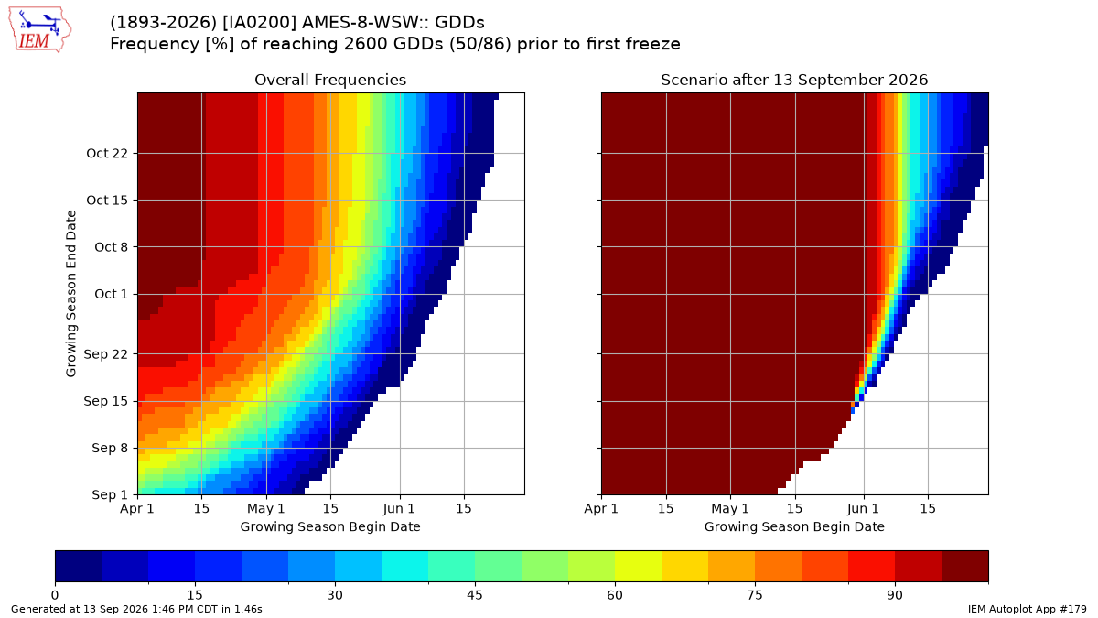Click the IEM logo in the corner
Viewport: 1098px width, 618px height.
point(40,30)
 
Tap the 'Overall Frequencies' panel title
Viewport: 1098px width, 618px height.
point(330,80)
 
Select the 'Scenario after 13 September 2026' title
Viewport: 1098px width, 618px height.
point(794,80)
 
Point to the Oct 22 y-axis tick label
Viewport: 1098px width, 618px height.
point(107,154)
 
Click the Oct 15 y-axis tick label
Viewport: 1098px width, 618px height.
point(107,201)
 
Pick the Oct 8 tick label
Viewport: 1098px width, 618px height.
point(111,246)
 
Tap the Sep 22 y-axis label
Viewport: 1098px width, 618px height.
point(105,354)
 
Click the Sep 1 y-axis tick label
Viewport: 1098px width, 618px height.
point(109,494)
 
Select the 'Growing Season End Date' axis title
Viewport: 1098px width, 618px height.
point(71,293)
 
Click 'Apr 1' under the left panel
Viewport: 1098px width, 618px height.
point(137,509)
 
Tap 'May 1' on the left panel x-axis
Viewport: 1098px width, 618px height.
point(266,509)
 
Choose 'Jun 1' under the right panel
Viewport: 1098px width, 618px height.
point(864,509)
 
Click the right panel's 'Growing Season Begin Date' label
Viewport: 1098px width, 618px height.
point(794,526)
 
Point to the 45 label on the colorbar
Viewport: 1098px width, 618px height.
point(475,595)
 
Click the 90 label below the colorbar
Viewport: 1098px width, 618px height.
point(895,595)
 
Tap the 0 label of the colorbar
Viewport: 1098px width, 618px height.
point(55,595)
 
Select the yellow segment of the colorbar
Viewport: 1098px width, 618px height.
point(638,566)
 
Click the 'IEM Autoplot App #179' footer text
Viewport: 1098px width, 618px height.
point(1027,609)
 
